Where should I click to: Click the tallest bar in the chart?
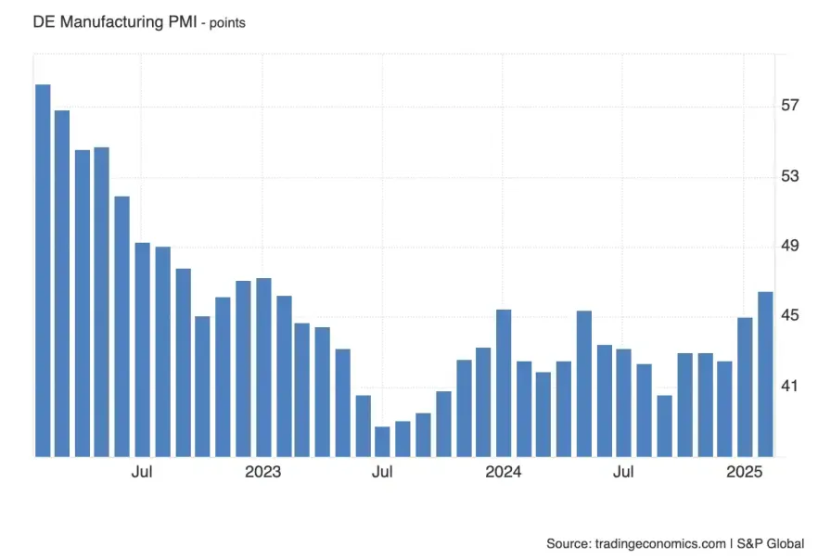[43, 269]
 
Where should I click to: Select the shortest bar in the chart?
[382, 441]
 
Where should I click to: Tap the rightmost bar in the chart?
[766, 374]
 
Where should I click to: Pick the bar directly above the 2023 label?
[263, 367]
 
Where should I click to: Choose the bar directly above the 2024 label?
[504, 382]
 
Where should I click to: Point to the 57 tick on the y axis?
[789, 106]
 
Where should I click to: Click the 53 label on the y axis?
[789, 176]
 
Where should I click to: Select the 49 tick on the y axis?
[789, 246]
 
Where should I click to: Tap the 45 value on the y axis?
[789, 316]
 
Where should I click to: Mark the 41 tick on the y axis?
[789, 386]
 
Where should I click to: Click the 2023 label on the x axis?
[262, 472]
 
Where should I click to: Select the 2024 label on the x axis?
[504, 472]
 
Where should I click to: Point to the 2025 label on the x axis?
[745, 472]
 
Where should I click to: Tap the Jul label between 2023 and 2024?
[382, 472]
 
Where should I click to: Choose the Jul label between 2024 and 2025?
[623, 472]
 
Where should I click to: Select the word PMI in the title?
[180, 20]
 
